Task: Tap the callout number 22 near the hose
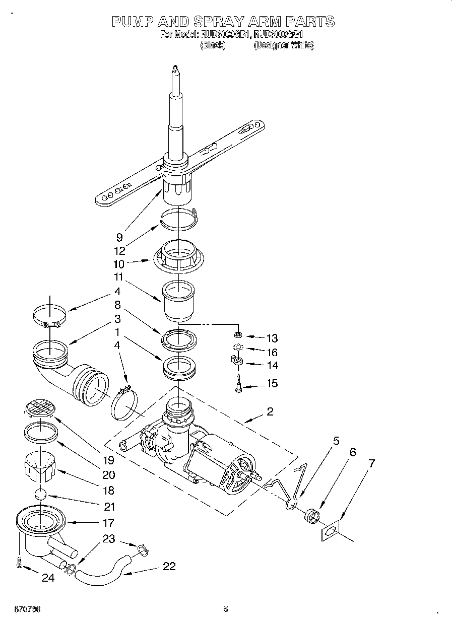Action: [x=169, y=566]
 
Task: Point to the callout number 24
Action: [x=48, y=578]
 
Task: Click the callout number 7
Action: [x=371, y=464]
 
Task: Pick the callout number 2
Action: [x=270, y=412]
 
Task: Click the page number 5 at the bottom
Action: [x=226, y=609]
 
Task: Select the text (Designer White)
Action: [x=284, y=45]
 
